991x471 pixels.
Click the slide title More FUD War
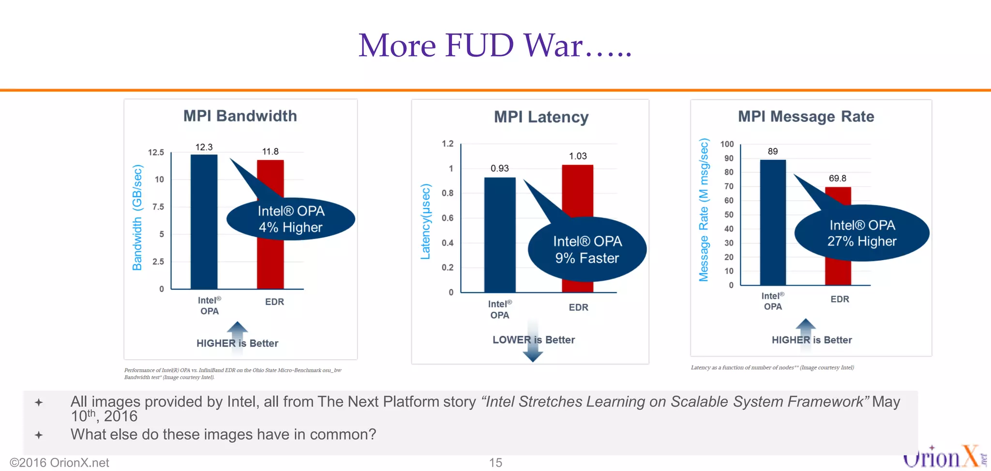(495, 45)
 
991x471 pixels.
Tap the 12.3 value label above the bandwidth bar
(204, 147)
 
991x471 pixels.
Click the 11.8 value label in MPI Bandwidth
(270, 152)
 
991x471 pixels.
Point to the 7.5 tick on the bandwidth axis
(158, 207)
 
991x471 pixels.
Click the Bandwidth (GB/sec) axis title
(137, 217)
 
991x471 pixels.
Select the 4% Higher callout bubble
(291, 220)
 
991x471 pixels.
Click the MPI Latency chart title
(541, 117)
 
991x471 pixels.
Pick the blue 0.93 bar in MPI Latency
(499, 235)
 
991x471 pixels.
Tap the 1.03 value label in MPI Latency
(577, 156)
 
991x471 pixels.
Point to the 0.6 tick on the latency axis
(448, 218)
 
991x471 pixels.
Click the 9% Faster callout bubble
(587, 250)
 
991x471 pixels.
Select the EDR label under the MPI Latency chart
(578, 307)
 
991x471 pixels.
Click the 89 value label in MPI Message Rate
(772, 151)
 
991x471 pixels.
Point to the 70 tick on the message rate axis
(728, 186)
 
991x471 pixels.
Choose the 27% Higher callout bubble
(862, 233)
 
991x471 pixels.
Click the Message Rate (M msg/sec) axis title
(704, 210)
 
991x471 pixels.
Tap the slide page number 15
(495, 463)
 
